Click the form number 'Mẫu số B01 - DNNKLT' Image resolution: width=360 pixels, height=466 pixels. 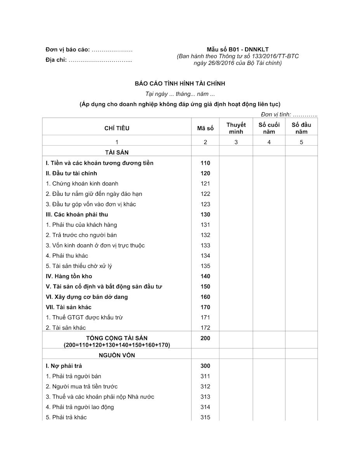tap(238, 49)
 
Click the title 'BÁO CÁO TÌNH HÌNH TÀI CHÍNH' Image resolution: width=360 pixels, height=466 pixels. tap(180, 83)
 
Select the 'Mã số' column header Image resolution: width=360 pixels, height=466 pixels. tap(205, 128)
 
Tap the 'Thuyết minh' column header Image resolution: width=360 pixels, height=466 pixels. tap(236, 128)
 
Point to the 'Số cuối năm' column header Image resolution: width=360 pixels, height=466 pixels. tap(269, 128)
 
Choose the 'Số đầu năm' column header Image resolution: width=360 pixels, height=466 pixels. tap(301, 128)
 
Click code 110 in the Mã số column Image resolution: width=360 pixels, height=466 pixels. tap(205, 163)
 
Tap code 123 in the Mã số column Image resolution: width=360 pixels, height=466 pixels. tap(205, 204)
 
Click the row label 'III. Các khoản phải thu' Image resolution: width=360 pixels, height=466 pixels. tap(77, 214)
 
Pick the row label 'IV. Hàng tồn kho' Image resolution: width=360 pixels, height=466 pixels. tap(69, 276)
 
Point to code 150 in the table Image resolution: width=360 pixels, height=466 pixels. tap(205, 287)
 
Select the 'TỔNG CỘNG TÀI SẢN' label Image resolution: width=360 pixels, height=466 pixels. tap(117, 338)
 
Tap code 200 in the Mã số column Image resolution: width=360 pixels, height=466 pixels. tap(205, 338)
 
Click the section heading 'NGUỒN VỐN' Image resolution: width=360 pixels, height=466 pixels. tap(117, 355)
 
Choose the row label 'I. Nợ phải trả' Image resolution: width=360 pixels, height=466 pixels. tap(64, 366)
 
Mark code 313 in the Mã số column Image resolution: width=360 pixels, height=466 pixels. tap(205, 397)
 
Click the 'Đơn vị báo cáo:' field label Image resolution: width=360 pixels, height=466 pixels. tap(68, 50)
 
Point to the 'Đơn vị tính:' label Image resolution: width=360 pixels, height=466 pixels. tap(276, 115)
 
